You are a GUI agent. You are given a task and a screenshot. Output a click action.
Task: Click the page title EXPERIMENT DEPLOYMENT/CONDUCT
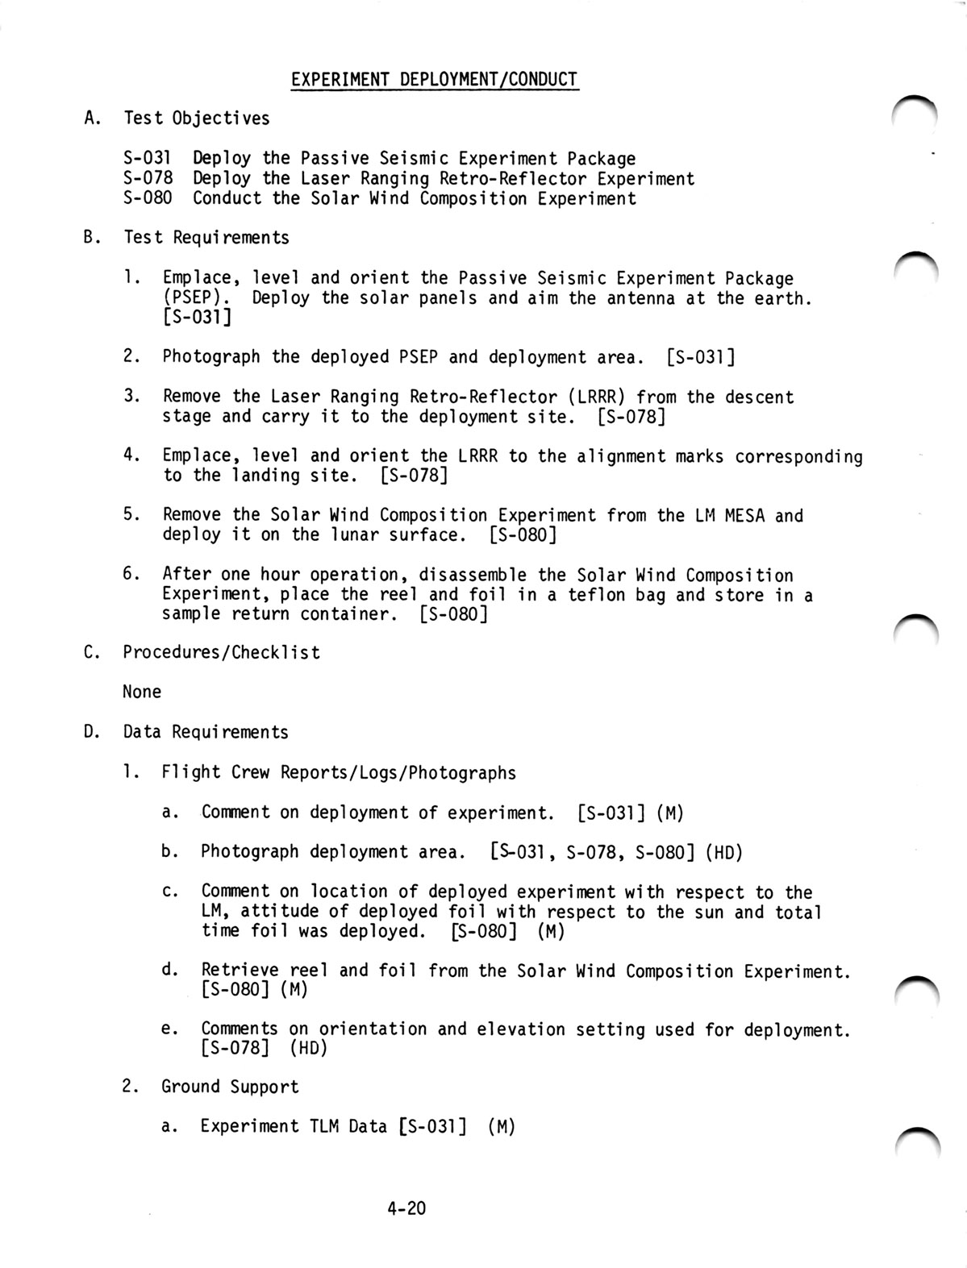point(434,79)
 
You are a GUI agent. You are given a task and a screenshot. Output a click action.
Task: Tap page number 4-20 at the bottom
point(406,1208)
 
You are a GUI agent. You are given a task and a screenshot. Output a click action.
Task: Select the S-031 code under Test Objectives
point(148,158)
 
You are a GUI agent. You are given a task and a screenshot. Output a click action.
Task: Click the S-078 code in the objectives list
point(148,178)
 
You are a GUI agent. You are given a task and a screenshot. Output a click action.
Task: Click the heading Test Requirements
point(206,238)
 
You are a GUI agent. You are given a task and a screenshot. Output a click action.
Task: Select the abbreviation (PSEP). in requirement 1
point(192,298)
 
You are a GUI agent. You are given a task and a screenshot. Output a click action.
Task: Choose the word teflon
point(577,595)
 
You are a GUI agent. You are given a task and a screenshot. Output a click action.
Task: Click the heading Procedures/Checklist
point(221,652)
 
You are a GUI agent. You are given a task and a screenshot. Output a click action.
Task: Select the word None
point(142,692)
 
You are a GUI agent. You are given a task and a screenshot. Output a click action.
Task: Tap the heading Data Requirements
point(206,732)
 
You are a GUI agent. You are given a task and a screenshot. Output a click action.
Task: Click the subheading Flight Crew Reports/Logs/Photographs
point(339,772)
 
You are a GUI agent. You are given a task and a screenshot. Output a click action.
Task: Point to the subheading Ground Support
point(230,1087)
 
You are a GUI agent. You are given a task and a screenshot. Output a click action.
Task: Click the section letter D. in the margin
point(90,732)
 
